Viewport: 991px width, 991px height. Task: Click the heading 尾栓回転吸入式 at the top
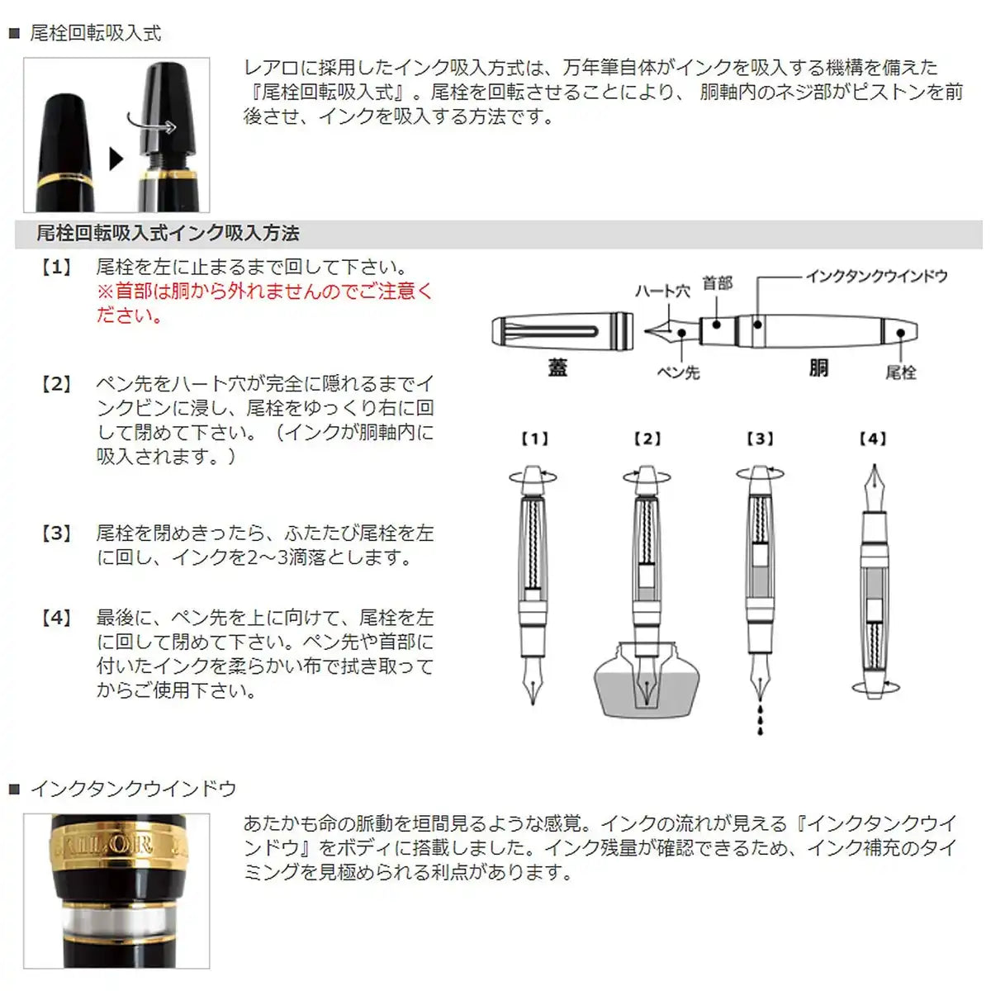pos(96,33)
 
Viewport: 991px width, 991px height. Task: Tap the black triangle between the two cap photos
pos(116,159)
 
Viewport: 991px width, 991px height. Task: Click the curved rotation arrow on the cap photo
pos(153,124)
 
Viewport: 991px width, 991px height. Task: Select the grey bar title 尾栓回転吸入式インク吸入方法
pos(168,234)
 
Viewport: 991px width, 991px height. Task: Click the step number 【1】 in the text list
pos(56,268)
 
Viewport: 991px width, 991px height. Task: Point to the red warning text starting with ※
pos(264,302)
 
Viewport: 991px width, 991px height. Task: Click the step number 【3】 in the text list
pos(56,533)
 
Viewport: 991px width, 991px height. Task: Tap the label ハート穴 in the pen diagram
pos(661,292)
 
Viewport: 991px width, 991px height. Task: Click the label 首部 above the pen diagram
pos(717,283)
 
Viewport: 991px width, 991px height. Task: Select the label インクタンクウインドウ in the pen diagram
pos(876,276)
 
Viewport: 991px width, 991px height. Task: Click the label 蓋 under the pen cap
pos(557,368)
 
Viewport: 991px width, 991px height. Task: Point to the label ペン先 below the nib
pos(678,372)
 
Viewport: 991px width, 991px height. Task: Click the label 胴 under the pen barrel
pos(818,368)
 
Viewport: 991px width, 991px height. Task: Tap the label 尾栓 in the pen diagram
pos(900,372)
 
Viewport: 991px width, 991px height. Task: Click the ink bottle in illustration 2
pos(647,685)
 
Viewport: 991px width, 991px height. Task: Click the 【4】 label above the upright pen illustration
pos(872,439)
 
